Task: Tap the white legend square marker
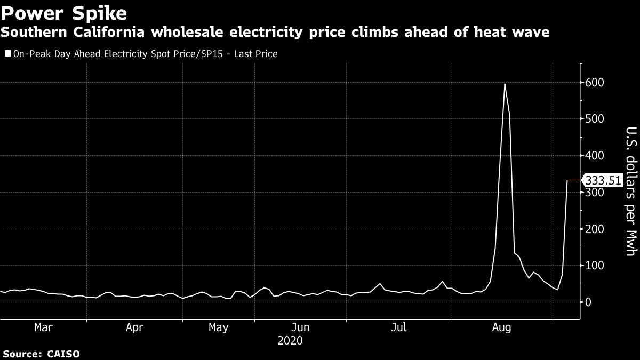pos(7,54)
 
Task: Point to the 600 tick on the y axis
pos(594,83)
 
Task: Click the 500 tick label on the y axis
pos(594,119)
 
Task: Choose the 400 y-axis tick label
pos(594,156)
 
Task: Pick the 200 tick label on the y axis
pos(594,229)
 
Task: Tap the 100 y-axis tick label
pos(594,266)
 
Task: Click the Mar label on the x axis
pos(43,327)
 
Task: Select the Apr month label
pos(134,327)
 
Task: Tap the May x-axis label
pos(218,327)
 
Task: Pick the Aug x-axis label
pos(501,327)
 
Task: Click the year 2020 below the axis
pos(290,340)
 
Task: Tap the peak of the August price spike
pos(504,84)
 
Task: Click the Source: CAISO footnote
pos(41,354)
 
